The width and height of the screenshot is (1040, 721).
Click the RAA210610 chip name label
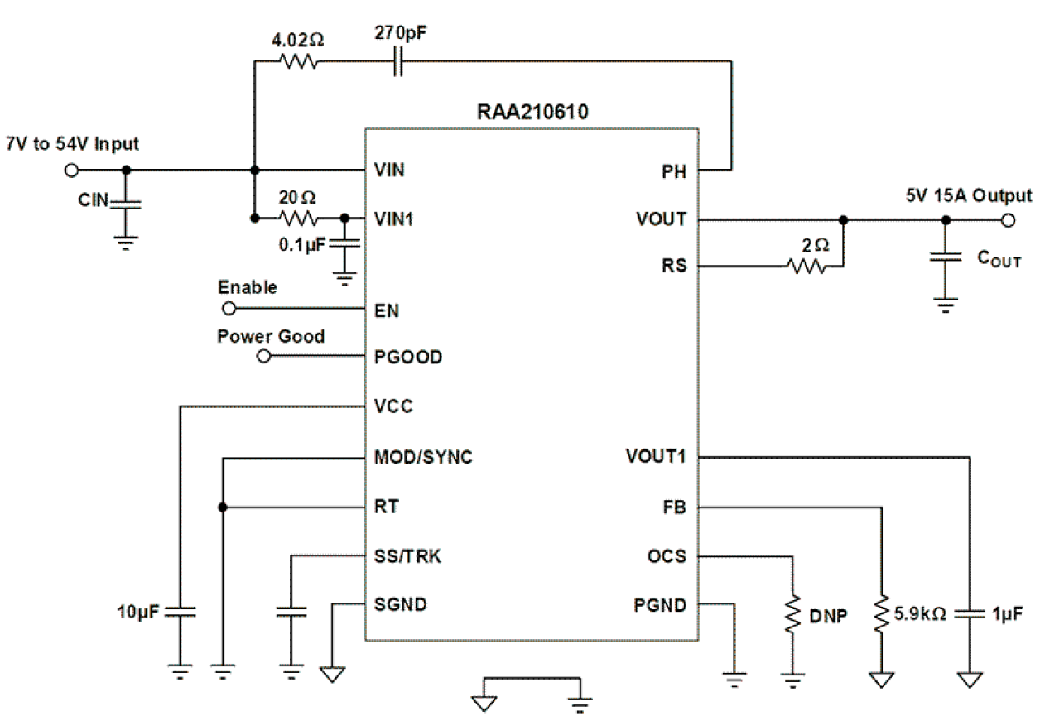click(532, 112)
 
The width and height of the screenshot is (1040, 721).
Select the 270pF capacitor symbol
click(397, 61)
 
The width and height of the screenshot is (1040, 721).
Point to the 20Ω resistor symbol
click(297, 219)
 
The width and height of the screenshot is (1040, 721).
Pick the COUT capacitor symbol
click(945, 257)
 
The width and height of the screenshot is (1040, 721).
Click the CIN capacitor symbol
click(125, 200)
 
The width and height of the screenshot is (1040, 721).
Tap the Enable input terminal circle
click(229, 309)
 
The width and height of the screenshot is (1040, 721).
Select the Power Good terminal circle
click(264, 357)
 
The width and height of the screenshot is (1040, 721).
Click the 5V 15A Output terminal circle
click(1009, 220)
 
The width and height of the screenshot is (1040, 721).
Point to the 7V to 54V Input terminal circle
click(71, 171)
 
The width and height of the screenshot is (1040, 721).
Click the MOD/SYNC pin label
click(423, 457)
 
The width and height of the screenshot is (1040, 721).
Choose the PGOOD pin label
click(407, 358)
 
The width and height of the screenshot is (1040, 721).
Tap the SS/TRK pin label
click(407, 556)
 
